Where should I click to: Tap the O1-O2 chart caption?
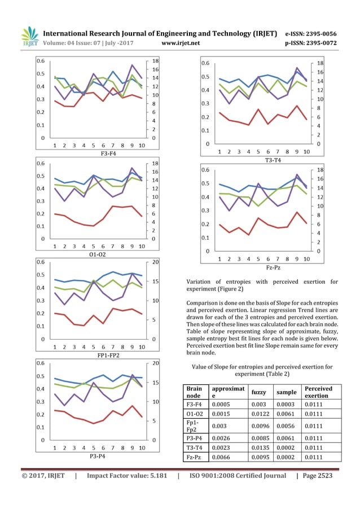[97, 254]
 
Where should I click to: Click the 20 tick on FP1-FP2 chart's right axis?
[151, 262]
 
